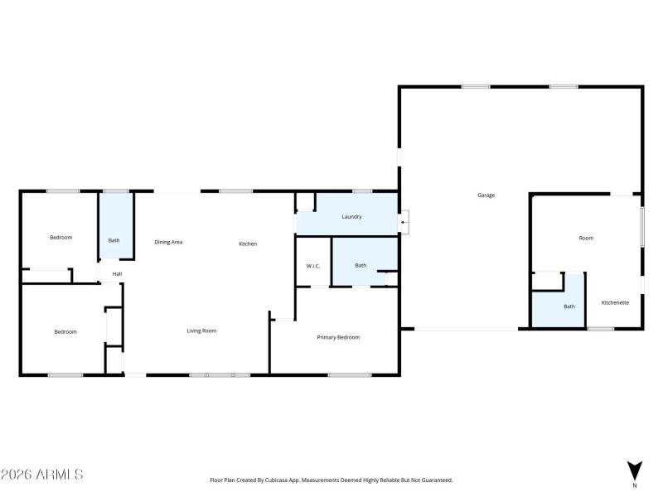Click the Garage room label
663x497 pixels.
coord(486,195)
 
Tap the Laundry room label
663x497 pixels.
coord(352,217)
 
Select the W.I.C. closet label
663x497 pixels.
coord(313,266)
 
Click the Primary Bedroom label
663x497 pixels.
coord(338,337)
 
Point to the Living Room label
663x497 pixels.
coord(201,331)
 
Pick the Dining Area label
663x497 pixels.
coord(168,242)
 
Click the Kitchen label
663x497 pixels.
coord(248,244)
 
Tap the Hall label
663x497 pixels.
coord(118,274)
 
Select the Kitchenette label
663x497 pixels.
coord(615,302)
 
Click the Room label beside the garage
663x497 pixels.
coord(586,238)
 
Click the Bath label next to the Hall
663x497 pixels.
coord(114,240)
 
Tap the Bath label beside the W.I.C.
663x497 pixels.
coord(361,266)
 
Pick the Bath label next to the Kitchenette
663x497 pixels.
coord(569,306)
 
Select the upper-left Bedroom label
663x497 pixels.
coord(60,238)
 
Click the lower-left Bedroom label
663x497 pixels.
coord(65,331)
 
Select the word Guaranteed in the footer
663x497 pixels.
coord(433,480)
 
